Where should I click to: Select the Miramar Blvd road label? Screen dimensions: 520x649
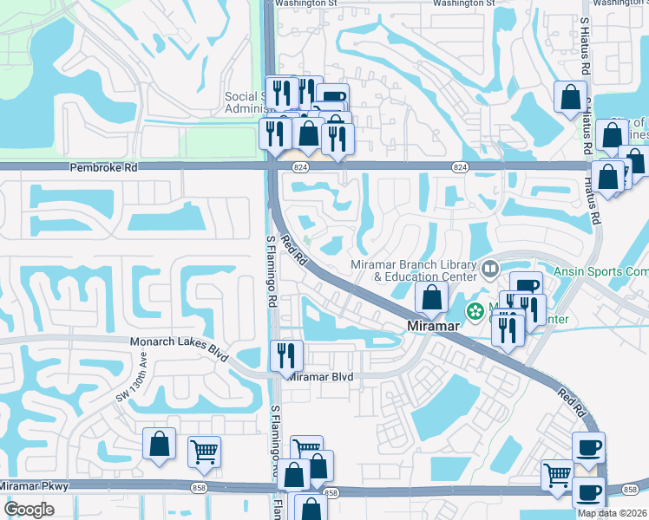(320, 377)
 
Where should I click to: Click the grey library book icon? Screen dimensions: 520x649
(490, 270)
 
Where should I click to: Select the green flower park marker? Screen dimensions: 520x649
(475, 310)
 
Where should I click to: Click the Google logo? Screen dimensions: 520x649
(29, 510)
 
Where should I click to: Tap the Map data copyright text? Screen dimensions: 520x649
(613, 513)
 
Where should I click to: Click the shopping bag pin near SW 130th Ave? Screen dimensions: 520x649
(160, 444)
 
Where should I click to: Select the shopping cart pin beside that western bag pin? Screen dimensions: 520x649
(204, 451)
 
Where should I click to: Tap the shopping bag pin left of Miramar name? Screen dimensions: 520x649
(431, 297)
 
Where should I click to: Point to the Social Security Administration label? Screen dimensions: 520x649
(246, 102)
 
